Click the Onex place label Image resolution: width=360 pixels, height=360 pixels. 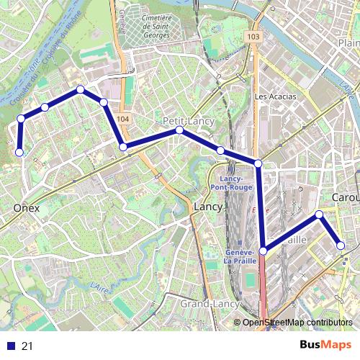(26, 208)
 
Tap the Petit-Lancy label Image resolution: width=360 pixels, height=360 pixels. (189, 121)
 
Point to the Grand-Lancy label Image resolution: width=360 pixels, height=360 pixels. (210, 305)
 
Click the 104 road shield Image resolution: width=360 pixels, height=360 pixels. (123, 119)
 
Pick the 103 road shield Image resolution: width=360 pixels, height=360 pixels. (251, 36)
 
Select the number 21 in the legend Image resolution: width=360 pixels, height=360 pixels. (28, 346)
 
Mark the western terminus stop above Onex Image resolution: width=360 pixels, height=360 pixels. (19, 152)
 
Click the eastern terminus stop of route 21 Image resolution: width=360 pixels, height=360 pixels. (341, 246)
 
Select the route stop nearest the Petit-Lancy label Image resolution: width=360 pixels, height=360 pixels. (179, 130)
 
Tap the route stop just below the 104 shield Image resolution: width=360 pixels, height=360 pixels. (123, 147)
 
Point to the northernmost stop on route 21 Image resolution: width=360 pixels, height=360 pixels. (80, 89)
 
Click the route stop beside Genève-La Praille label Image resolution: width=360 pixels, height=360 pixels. (264, 251)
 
